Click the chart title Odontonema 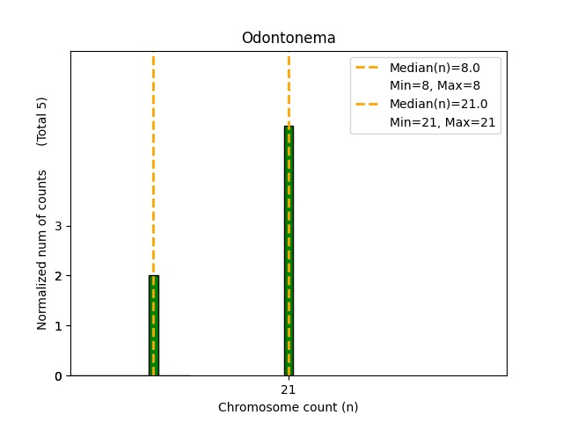(289, 39)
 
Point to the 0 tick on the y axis (57, 376)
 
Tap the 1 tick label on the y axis (57, 326)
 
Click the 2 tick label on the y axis (57, 276)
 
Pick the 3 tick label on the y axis (57, 226)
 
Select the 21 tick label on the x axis (289, 389)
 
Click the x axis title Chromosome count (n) (289, 407)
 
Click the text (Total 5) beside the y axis (42, 121)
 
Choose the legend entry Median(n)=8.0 (435, 68)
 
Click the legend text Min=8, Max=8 (435, 85)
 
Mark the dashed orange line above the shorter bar (153, 158)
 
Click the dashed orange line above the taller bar (289, 88)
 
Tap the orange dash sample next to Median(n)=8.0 (369, 68)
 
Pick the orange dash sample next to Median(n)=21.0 (369, 104)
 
